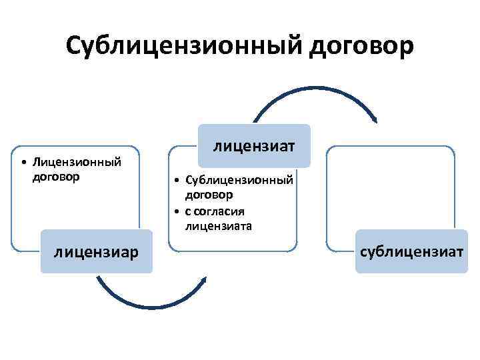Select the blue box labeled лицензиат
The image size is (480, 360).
(253, 145)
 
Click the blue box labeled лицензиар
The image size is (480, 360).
(97, 252)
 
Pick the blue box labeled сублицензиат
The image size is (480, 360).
(411, 251)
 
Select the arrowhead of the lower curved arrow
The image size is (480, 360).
(204, 279)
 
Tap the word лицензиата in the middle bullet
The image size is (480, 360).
(219, 227)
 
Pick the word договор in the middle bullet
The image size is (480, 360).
(209, 195)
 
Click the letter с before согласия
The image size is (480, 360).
(189, 212)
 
